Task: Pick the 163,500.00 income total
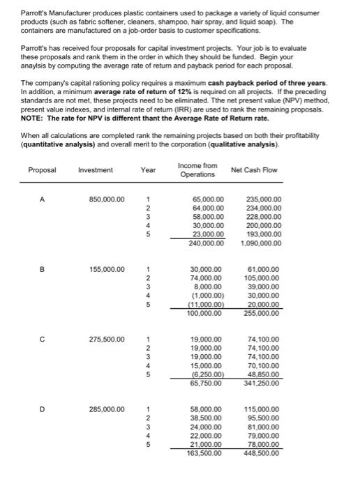tap(207, 452)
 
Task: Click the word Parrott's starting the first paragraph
tap(33, 13)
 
